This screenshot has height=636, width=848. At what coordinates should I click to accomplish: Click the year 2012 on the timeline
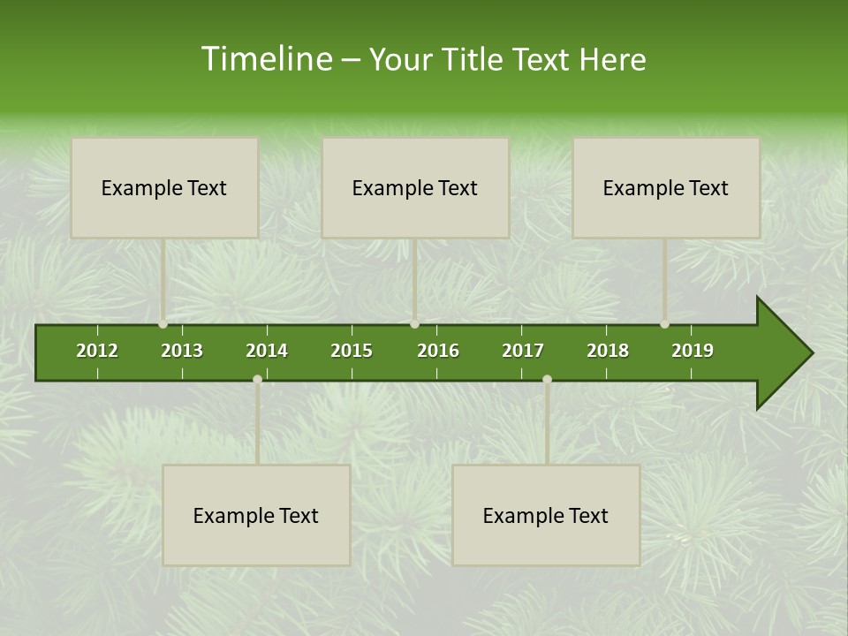pos(97,351)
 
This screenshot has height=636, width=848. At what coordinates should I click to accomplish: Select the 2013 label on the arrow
pos(182,351)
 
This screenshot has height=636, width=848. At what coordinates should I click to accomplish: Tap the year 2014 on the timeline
pos(267,351)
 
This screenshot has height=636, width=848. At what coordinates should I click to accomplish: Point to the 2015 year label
pos(352,351)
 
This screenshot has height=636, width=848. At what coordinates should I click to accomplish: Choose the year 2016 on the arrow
pos(438,351)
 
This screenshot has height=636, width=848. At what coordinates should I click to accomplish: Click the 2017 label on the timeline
pos(523,351)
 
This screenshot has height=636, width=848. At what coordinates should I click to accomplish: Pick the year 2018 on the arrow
pos(608,351)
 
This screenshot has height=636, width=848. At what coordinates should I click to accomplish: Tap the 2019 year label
pos(693,351)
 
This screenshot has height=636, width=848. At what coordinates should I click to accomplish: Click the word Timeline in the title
pos(265,59)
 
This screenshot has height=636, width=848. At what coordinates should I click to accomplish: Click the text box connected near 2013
pos(164,187)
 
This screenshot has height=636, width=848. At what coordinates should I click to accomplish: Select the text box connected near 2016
pos(415,187)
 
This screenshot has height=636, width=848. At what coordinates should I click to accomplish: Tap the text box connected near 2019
pos(666,187)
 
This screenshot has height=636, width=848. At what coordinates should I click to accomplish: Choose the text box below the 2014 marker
pos(256,515)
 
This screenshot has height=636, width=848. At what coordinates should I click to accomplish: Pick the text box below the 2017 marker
pos(546,515)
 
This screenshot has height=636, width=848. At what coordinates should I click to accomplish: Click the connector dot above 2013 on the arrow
pos(163,324)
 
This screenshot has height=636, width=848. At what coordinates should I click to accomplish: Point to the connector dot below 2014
pos(257,380)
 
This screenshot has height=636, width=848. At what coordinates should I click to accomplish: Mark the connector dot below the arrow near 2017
pos(547,380)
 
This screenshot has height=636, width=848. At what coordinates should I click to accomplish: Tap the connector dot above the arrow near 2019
pos(665,324)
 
